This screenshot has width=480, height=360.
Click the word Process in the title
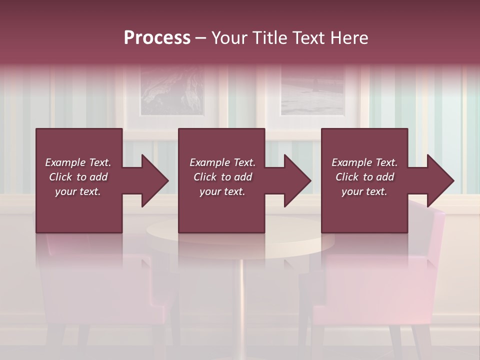[x=157, y=38]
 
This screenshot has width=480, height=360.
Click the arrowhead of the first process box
[x=153, y=180]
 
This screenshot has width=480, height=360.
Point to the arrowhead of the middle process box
[x=296, y=180]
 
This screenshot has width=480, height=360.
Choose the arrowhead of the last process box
[x=439, y=180]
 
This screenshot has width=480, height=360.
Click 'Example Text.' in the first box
[x=78, y=162]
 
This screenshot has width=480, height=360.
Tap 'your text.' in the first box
[x=78, y=191]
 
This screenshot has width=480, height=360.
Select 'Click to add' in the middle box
[x=222, y=177]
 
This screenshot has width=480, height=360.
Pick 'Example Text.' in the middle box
[x=222, y=162]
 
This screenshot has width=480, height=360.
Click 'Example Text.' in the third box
[x=364, y=162]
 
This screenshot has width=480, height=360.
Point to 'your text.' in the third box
[x=364, y=191]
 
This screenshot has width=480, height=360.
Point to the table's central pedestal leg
[x=242, y=300]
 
